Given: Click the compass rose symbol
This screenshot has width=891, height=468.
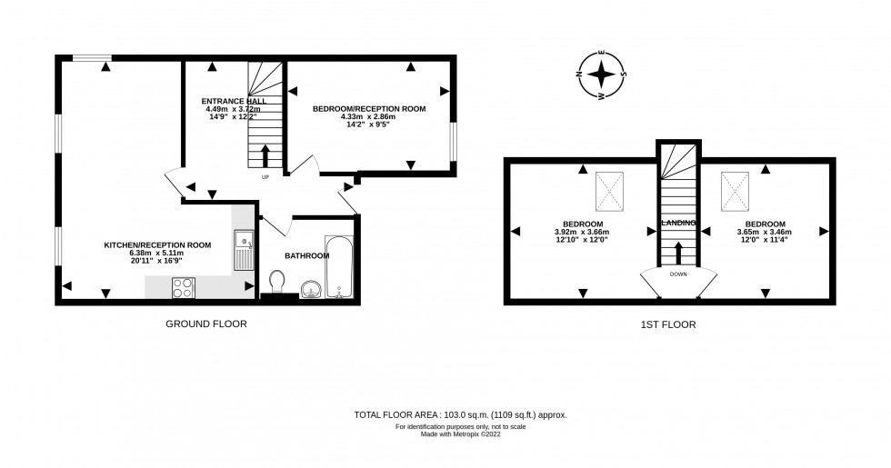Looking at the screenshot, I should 600,75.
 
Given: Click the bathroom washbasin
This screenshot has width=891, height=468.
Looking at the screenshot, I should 310,289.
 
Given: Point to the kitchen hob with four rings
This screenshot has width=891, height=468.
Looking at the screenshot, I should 183,286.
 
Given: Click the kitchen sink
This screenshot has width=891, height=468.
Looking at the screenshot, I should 245,249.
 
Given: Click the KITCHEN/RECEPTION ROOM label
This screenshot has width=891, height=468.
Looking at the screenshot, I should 157,244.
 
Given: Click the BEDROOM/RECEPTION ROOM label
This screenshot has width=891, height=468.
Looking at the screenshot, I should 369,108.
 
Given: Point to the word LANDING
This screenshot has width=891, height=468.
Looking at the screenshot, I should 679,223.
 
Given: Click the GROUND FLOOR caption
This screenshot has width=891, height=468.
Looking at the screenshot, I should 205,324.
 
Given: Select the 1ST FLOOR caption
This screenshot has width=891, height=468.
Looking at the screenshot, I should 668,324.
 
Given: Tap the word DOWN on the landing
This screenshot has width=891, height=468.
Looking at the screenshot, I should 678,273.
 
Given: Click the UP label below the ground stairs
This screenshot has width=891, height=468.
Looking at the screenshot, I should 265,177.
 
